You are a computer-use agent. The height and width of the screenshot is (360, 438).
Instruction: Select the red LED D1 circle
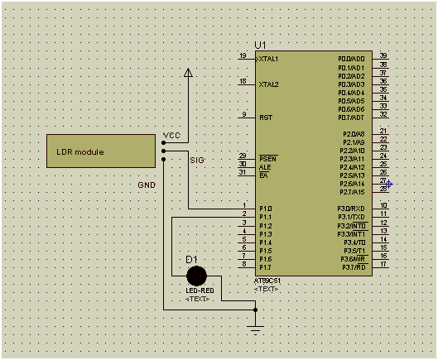pos(196,276)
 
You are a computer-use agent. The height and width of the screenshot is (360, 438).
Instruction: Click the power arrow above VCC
pos(189,74)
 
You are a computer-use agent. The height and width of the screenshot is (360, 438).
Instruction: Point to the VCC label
pos(171,135)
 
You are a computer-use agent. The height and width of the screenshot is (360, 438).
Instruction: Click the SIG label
pos(197,159)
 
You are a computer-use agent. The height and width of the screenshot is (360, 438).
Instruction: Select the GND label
pos(146,185)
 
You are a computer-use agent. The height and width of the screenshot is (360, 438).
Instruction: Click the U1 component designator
pos(262,45)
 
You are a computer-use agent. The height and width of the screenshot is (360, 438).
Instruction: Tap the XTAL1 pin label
pos(268,60)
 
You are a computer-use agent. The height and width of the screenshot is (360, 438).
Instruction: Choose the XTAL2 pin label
pos(268,84)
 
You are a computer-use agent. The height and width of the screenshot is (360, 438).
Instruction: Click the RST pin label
pos(266,118)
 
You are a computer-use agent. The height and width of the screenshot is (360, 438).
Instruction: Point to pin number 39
pos(383,55)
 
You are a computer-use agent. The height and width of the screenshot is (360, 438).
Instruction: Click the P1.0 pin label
pos(265,209)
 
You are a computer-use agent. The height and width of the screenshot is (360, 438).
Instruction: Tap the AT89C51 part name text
pos(268,281)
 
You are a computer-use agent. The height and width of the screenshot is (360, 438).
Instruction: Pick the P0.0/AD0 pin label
pos(351,59)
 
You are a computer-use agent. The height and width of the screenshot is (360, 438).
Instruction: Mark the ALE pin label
pos(264,166)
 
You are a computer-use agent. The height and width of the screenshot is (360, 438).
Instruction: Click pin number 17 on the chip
pos(383,264)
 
